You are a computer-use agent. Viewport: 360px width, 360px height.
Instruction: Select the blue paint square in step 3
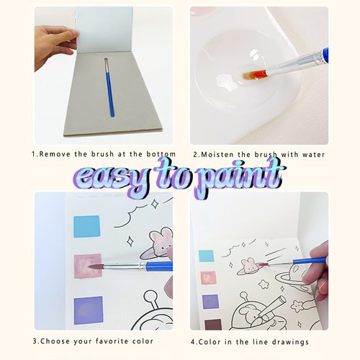tap(86, 227)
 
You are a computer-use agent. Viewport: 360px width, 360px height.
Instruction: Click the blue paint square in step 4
tap(207, 256)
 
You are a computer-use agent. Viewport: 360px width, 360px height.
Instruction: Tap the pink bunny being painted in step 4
tap(250, 266)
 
